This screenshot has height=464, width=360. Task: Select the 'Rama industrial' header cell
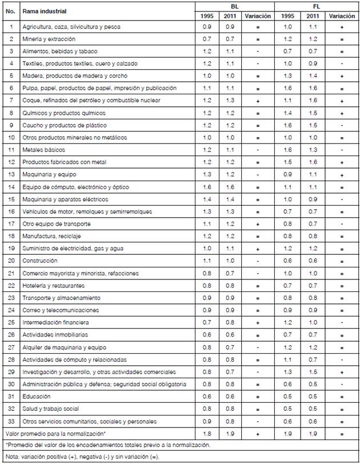pyautogui.click(x=44, y=11)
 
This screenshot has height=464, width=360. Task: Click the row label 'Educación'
pyautogui.click(x=37, y=397)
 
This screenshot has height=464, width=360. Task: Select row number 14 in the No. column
pyautogui.click(x=11, y=187)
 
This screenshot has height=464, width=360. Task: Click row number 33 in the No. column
pyautogui.click(x=11, y=421)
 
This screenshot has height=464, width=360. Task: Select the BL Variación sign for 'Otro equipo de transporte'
pyautogui.click(x=257, y=224)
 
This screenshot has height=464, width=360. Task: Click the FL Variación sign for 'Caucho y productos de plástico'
pyautogui.click(x=342, y=126)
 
